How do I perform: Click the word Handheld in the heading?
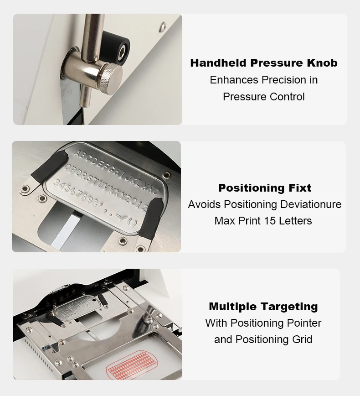(218, 63)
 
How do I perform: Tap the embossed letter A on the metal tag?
(77, 153)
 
